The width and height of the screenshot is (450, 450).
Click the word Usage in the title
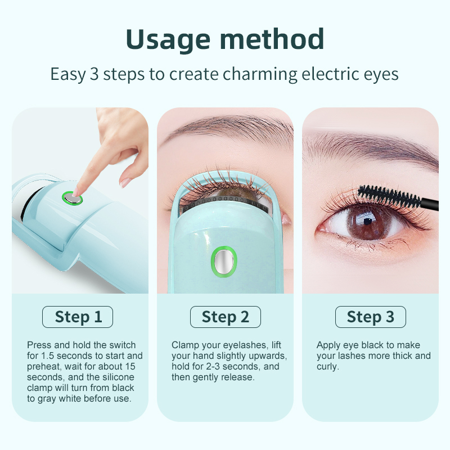click(168, 40)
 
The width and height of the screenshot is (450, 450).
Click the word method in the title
click(272, 39)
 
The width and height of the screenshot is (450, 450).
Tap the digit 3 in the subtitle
click(94, 74)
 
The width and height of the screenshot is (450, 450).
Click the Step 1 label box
click(78, 317)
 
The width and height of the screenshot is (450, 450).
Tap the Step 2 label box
click(226, 317)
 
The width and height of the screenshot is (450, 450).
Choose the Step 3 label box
click(371, 317)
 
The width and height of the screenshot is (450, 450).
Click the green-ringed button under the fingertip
click(73, 199)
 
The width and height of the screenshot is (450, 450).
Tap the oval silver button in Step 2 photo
click(224, 262)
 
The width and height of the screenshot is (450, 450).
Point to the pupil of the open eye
click(368, 221)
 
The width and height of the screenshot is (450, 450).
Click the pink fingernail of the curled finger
click(125, 182)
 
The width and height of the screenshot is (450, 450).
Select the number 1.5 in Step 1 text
click(47, 356)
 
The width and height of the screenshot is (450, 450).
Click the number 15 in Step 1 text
click(130, 367)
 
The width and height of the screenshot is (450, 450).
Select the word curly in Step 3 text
click(328, 367)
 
